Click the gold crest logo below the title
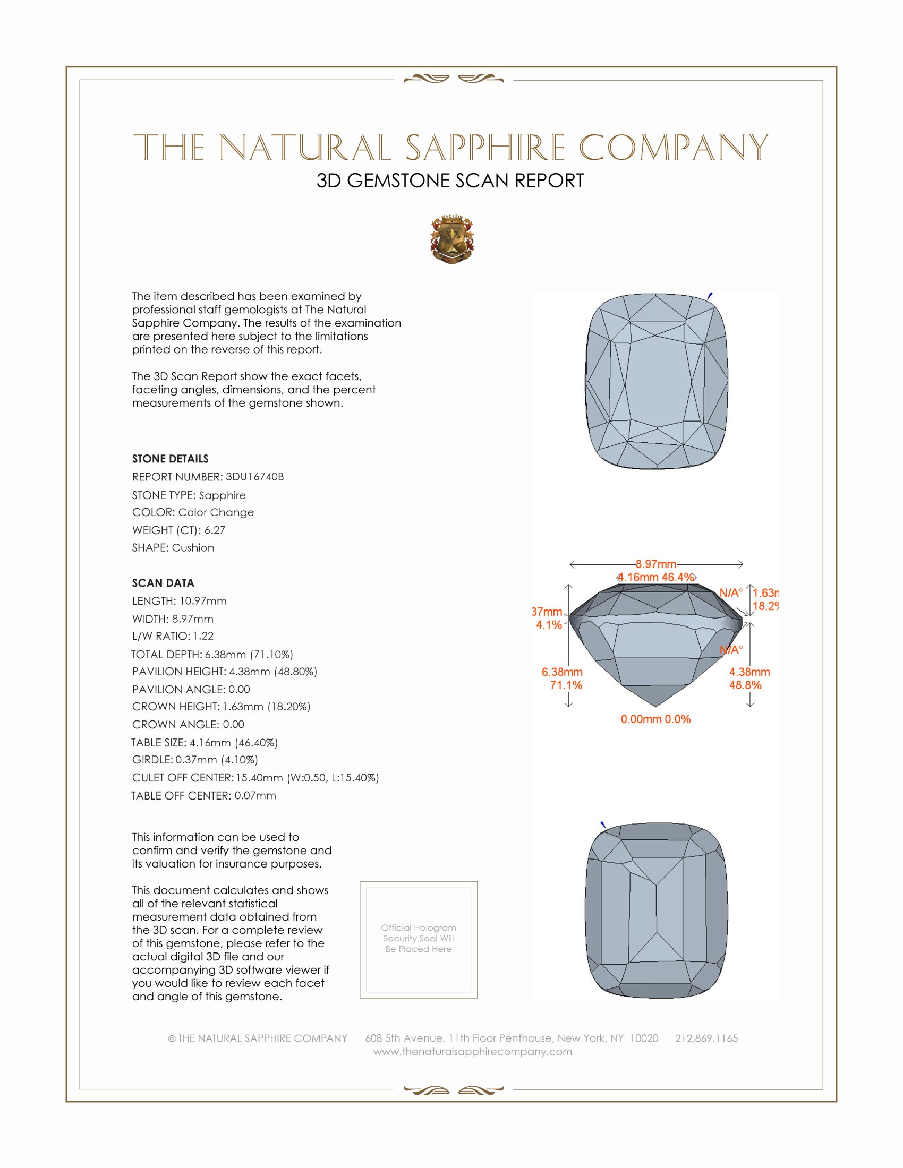click(x=452, y=239)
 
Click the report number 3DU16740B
click(x=254, y=477)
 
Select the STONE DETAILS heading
click(x=170, y=459)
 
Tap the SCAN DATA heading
click(x=163, y=583)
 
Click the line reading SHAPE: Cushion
click(x=173, y=548)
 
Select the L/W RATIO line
click(x=173, y=636)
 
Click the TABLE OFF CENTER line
click(x=204, y=795)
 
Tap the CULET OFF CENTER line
click(x=255, y=778)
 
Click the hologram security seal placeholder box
click(x=419, y=940)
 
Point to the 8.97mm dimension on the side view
click(x=656, y=564)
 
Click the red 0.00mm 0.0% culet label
click(x=655, y=719)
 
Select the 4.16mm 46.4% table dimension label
click(x=656, y=577)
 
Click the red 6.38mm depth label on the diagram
click(x=561, y=672)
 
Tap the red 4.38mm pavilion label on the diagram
click(x=749, y=672)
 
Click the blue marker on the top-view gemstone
click(x=710, y=295)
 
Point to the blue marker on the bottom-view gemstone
click(x=603, y=825)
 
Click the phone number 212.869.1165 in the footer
click(x=706, y=1038)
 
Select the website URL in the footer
click(x=472, y=1051)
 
